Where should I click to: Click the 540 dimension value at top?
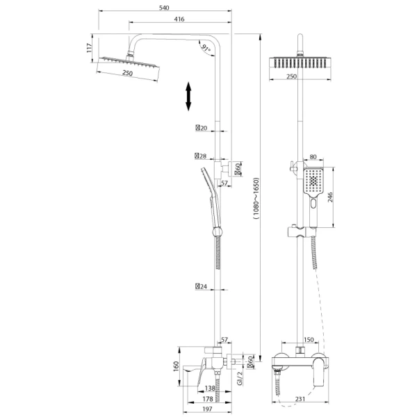164,8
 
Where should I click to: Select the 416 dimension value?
179,19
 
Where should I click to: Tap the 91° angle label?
206,48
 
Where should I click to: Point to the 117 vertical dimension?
90,48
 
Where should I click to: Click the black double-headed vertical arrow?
188,97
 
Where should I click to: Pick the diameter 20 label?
202,128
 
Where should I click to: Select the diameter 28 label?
201,156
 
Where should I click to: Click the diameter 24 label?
201,286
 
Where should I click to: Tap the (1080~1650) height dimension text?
256,198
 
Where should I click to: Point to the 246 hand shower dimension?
330,197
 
